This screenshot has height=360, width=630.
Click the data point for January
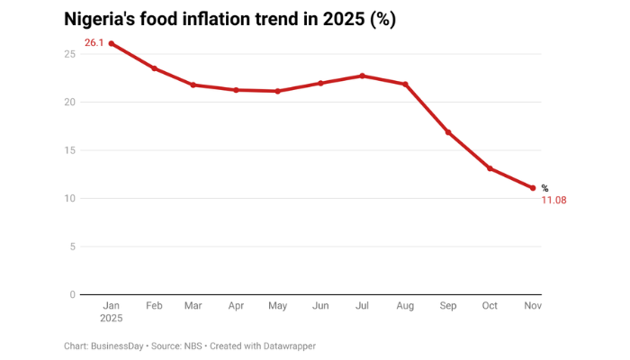(x=112, y=43)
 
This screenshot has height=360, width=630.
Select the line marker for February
(x=154, y=68)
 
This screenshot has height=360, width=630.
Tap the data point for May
(x=277, y=91)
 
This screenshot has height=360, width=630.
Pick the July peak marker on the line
(x=362, y=76)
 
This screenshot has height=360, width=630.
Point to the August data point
(x=405, y=85)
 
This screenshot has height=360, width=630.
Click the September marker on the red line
(x=447, y=132)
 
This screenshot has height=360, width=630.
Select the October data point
(x=490, y=168)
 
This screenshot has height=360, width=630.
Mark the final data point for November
(x=533, y=188)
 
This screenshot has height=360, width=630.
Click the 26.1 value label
(x=94, y=42)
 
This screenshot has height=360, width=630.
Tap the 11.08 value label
(x=553, y=200)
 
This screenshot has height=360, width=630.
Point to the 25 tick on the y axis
(x=69, y=54)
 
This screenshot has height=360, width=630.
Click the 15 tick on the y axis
(x=69, y=150)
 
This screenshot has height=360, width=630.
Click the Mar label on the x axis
(x=193, y=306)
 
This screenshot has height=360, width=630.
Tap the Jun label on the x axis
(x=319, y=306)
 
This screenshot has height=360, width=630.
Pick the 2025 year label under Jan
(x=112, y=319)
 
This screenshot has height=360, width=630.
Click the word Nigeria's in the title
(x=102, y=19)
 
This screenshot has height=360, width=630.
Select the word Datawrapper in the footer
(x=287, y=346)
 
